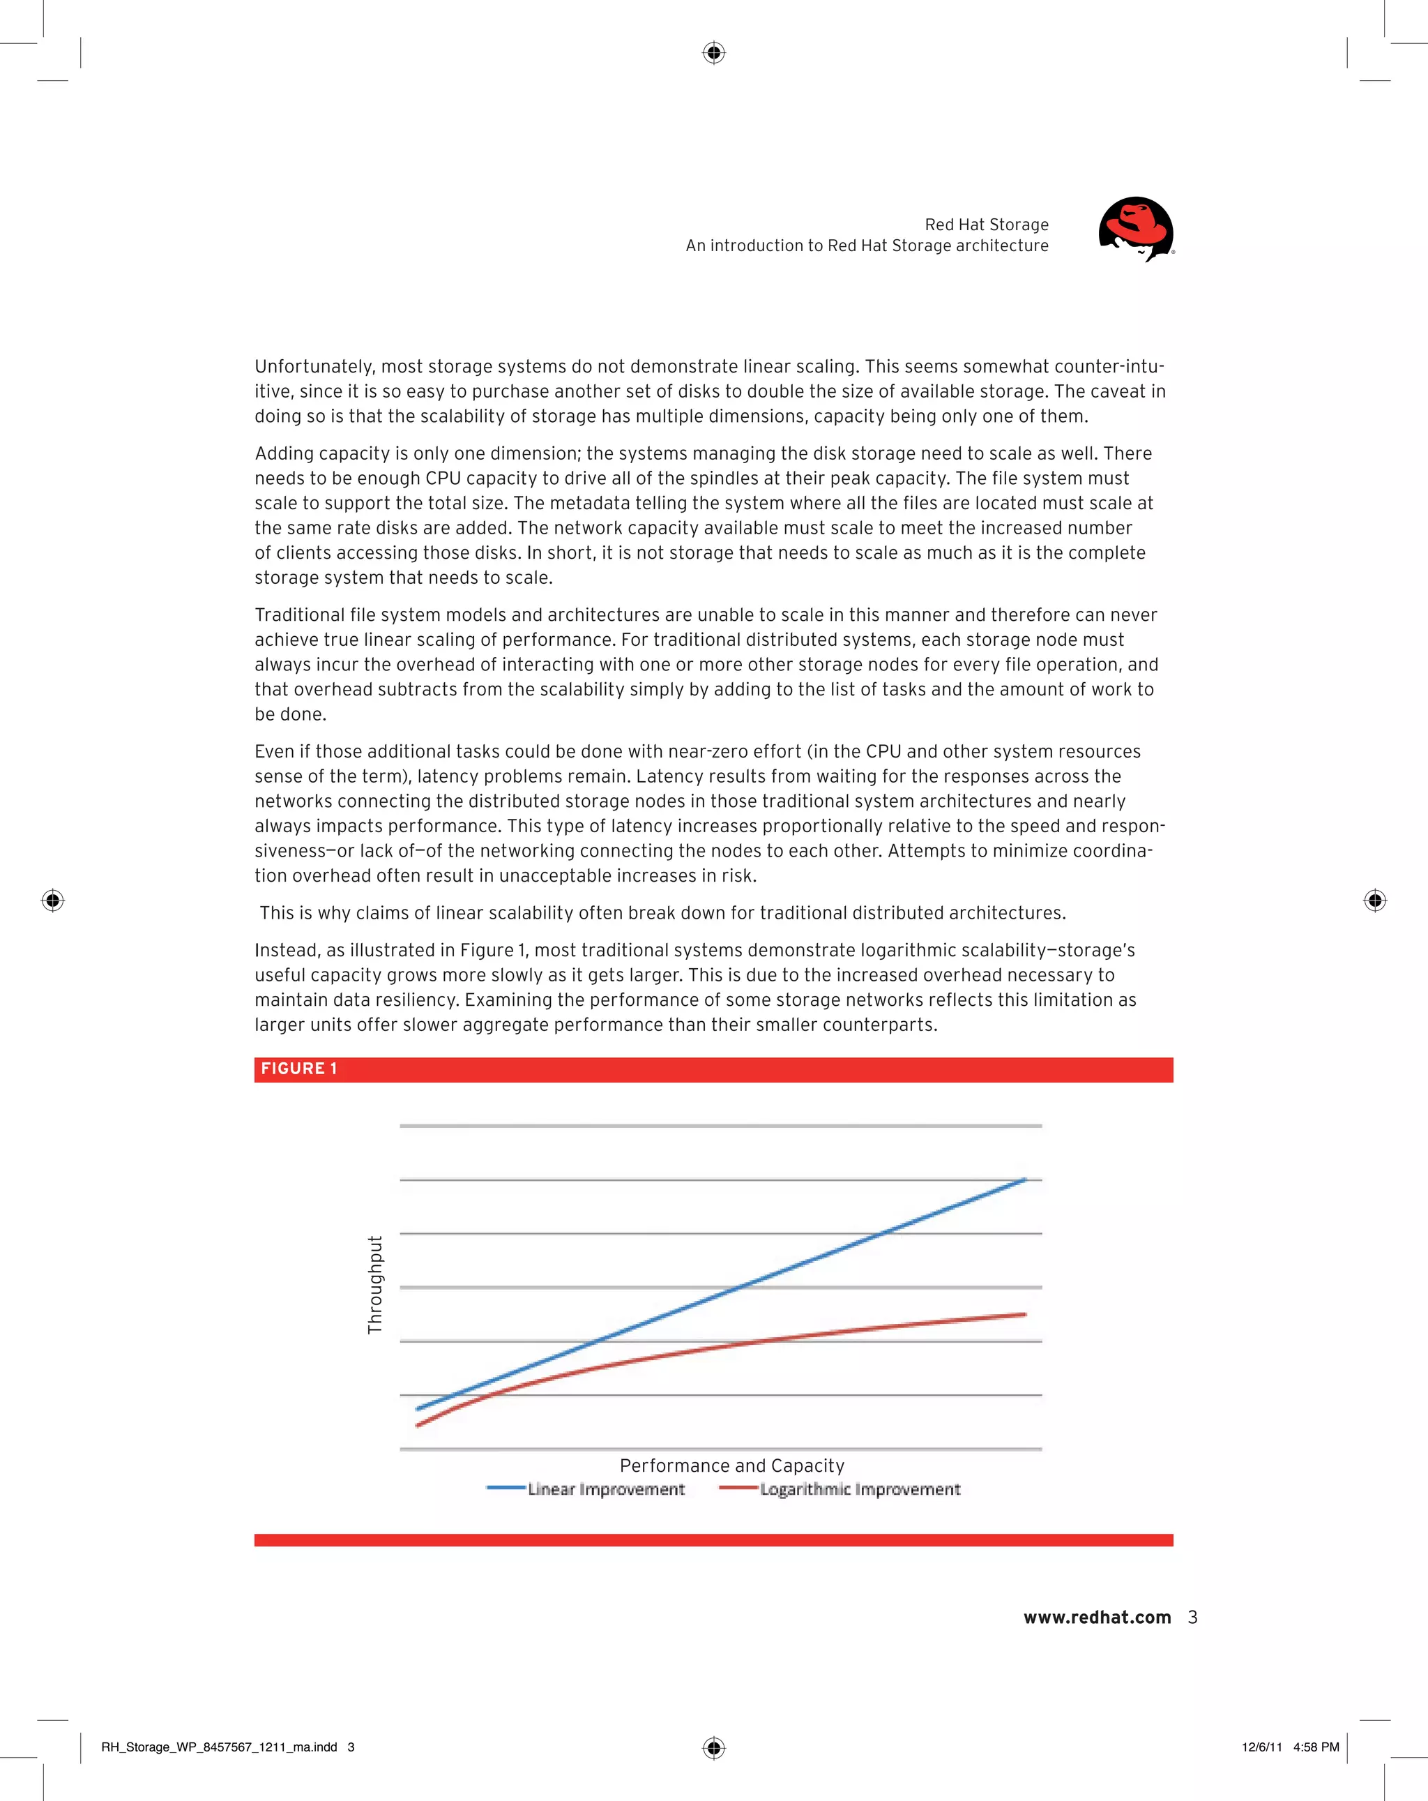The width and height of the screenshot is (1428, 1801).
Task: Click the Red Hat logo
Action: tap(1136, 229)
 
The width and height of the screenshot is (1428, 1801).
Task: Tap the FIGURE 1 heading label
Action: tap(299, 1069)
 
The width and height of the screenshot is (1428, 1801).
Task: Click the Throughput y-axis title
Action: tap(375, 1285)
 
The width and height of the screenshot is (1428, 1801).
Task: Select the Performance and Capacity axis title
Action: tap(731, 1465)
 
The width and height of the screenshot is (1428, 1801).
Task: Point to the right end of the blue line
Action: tap(1025, 1180)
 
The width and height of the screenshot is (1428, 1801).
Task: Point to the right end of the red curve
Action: tap(1025, 1314)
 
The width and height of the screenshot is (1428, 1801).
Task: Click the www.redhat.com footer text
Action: tap(1097, 1618)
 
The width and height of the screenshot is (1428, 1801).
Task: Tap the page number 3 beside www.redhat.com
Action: tap(1192, 1618)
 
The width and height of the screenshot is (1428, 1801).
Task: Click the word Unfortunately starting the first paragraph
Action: tap(315, 367)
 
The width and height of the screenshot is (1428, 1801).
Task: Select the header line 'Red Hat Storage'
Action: tap(986, 225)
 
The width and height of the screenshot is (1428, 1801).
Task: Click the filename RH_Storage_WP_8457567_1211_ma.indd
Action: tap(219, 1747)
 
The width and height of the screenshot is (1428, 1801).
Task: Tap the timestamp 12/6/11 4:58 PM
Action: tap(1289, 1747)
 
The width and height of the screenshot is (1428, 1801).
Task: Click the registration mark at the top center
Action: tap(713, 54)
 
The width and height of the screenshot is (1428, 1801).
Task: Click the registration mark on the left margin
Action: tap(52, 900)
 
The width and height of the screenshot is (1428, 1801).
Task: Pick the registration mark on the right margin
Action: tap(1374, 900)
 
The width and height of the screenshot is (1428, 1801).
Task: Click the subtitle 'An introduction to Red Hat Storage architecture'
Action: tap(867, 246)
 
